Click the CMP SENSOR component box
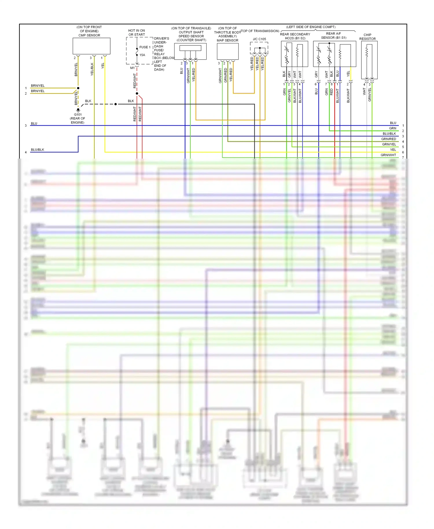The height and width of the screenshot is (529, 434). tap(91, 46)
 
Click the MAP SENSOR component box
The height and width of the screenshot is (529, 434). tap(227, 52)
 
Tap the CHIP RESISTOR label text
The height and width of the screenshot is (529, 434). tap(367, 37)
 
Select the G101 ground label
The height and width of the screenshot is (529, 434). tap(78, 115)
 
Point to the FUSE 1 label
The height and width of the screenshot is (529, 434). tap(145, 47)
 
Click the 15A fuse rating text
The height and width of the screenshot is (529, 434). tap(142, 55)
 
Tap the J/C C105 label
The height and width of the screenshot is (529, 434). tap(259, 39)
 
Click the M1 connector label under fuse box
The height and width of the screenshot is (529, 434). tap(132, 68)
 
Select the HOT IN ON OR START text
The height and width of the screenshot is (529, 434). tap(137, 32)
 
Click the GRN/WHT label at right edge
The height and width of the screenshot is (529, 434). tap(388, 155)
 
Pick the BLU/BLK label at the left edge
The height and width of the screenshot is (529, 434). tap(38, 150)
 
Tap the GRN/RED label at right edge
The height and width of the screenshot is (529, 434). tap(389, 139)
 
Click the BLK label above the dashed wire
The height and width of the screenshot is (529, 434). tap(88, 101)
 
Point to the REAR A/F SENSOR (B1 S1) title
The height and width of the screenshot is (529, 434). tap(334, 36)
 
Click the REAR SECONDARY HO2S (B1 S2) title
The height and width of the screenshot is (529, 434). tap(295, 36)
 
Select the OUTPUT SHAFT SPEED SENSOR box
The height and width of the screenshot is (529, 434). tap(190, 51)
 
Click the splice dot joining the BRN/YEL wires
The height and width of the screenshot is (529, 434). tap(78, 88)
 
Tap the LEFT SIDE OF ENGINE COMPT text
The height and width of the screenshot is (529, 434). tap(311, 27)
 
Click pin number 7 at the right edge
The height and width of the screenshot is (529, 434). tap(403, 158)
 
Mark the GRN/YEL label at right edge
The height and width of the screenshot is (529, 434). tap(389, 144)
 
